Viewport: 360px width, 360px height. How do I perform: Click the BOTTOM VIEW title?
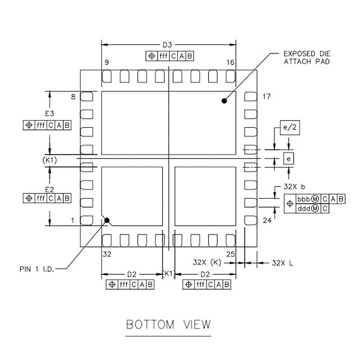point(168,325)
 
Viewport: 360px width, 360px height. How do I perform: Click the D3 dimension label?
point(167,44)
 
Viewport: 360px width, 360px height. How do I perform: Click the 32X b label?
point(292,186)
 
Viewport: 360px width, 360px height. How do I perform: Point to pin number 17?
point(266,97)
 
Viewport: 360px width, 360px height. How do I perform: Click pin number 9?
point(106,62)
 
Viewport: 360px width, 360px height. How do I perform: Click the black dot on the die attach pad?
point(224,101)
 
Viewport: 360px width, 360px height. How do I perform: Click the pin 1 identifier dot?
point(107,220)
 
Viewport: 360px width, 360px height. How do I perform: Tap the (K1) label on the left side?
point(50,161)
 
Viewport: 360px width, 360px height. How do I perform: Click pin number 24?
point(267,221)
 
